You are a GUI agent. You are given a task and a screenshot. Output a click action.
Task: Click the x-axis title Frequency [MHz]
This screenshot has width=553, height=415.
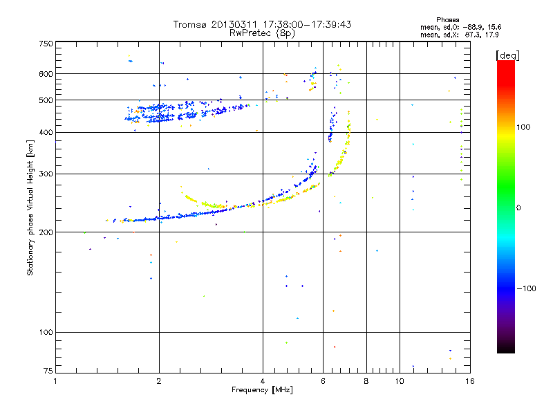262,391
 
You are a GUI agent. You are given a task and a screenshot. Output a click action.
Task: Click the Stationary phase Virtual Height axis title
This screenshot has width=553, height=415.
30,207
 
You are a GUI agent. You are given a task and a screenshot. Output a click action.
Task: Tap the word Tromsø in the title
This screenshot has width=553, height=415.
190,25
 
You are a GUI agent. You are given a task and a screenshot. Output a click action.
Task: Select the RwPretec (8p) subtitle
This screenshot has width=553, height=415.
262,33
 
